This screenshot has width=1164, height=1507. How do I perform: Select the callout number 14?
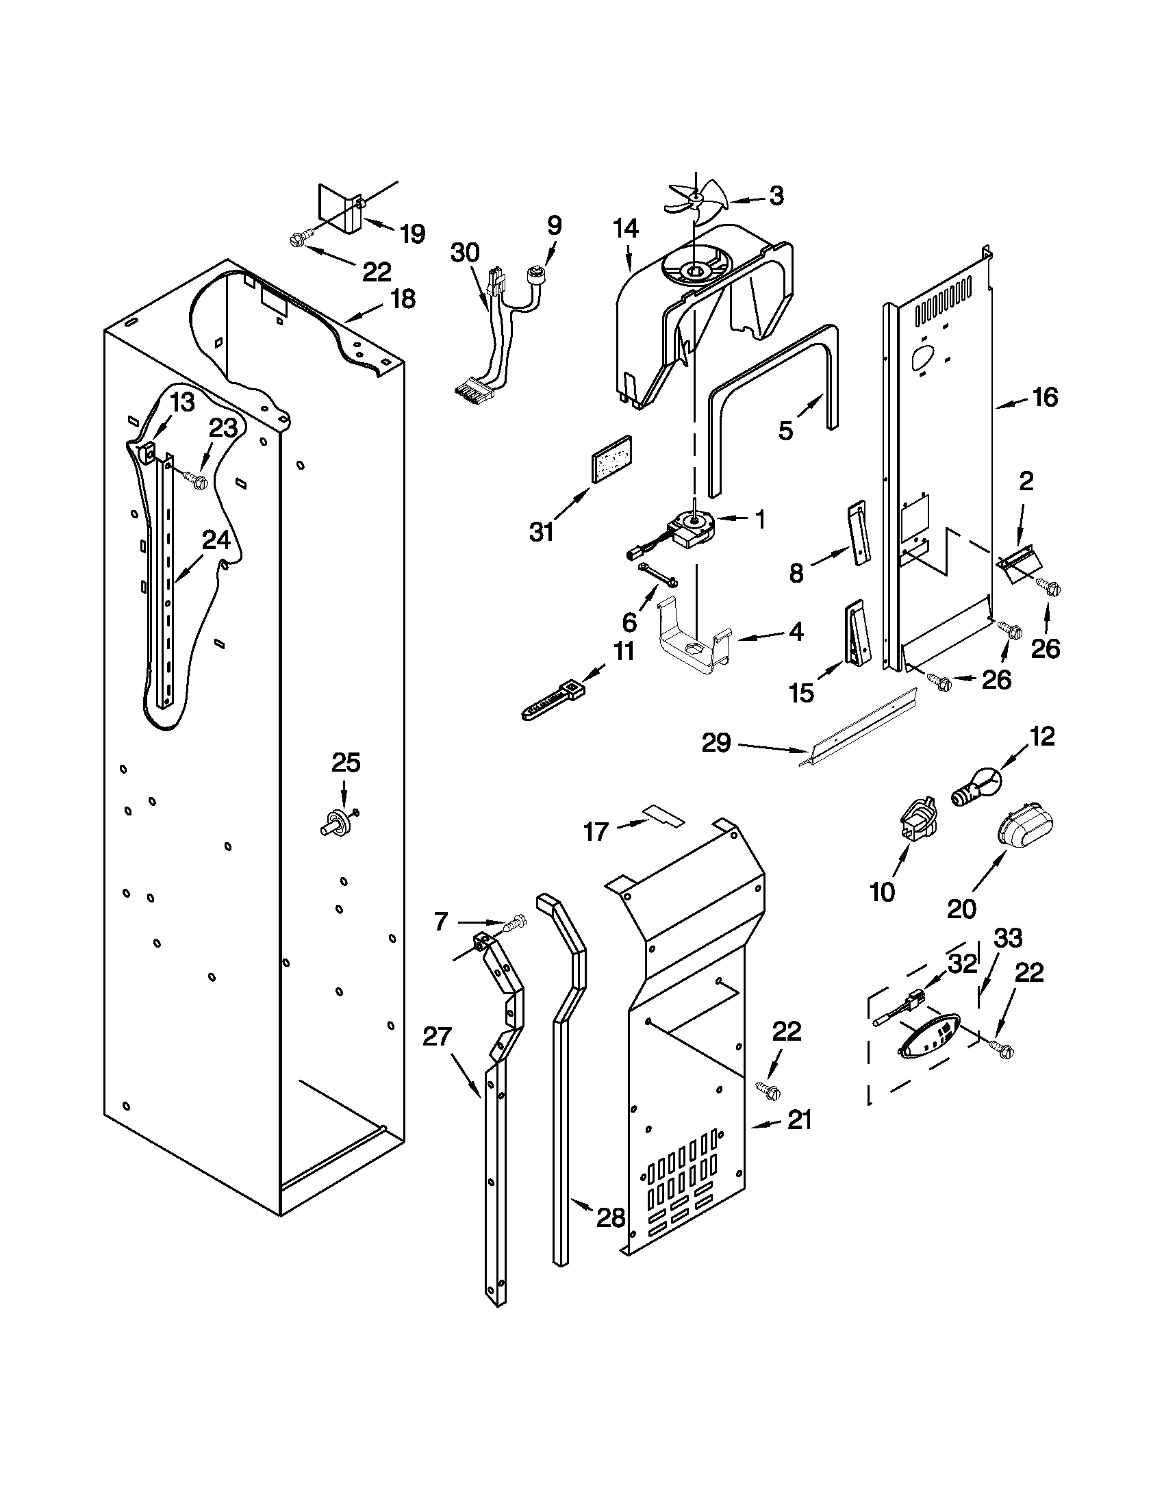[x=626, y=229]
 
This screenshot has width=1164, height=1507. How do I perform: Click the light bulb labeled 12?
[x=975, y=787]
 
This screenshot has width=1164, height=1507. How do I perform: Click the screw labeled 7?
[x=514, y=923]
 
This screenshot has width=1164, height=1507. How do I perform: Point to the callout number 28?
[x=611, y=1217]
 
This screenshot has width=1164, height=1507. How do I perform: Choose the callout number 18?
[x=403, y=299]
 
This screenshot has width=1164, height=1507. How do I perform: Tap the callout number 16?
[x=1045, y=397]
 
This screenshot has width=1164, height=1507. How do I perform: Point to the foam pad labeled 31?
[x=611, y=457]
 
